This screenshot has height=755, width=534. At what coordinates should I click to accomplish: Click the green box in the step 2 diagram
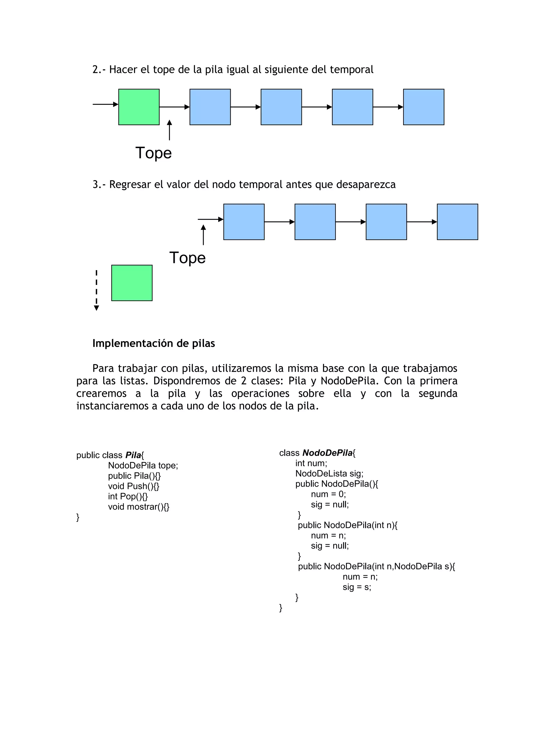pos(139,107)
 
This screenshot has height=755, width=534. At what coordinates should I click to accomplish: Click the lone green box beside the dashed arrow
pos(132,283)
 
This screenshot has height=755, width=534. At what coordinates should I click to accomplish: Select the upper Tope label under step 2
pos(154,153)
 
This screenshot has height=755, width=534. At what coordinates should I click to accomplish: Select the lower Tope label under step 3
pos(187,258)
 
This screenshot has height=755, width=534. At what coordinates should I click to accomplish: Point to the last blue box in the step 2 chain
pos(423,107)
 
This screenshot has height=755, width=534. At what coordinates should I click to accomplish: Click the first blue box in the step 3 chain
pos(244,222)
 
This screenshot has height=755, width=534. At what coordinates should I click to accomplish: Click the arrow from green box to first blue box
pos(174,107)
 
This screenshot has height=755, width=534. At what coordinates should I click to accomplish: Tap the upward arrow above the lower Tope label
pos(203,235)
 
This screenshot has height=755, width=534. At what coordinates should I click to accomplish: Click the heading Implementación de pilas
pos(154,343)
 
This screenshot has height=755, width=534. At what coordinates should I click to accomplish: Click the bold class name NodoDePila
pos(327,453)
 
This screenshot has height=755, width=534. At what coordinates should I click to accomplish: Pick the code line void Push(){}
pos(133,486)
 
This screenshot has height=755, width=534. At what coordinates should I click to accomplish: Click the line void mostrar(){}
pos(138,507)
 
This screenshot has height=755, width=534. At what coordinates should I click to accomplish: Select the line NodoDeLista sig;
pos(329,473)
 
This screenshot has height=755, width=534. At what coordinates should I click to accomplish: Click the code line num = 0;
pos(328,494)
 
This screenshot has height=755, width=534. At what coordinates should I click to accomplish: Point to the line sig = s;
pos(357,587)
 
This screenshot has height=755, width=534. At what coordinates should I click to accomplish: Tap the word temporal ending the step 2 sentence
pos(351,70)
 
